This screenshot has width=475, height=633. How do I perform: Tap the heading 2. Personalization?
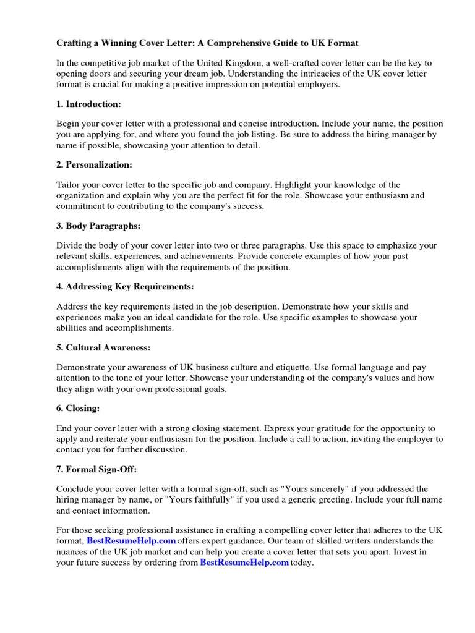tap(94, 164)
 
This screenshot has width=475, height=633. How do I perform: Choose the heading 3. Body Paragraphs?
tap(98, 226)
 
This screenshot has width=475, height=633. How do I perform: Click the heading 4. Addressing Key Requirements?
tap(125, 286)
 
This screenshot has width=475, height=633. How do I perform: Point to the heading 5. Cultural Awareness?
tap(103, 347)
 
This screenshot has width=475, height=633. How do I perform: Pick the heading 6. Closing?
tap(78, 408)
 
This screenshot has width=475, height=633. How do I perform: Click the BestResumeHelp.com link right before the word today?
tap(244, 563)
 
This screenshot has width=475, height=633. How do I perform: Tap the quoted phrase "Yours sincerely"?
tap(311, 489)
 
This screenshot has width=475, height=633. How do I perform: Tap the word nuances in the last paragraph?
tap(73, 552)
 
